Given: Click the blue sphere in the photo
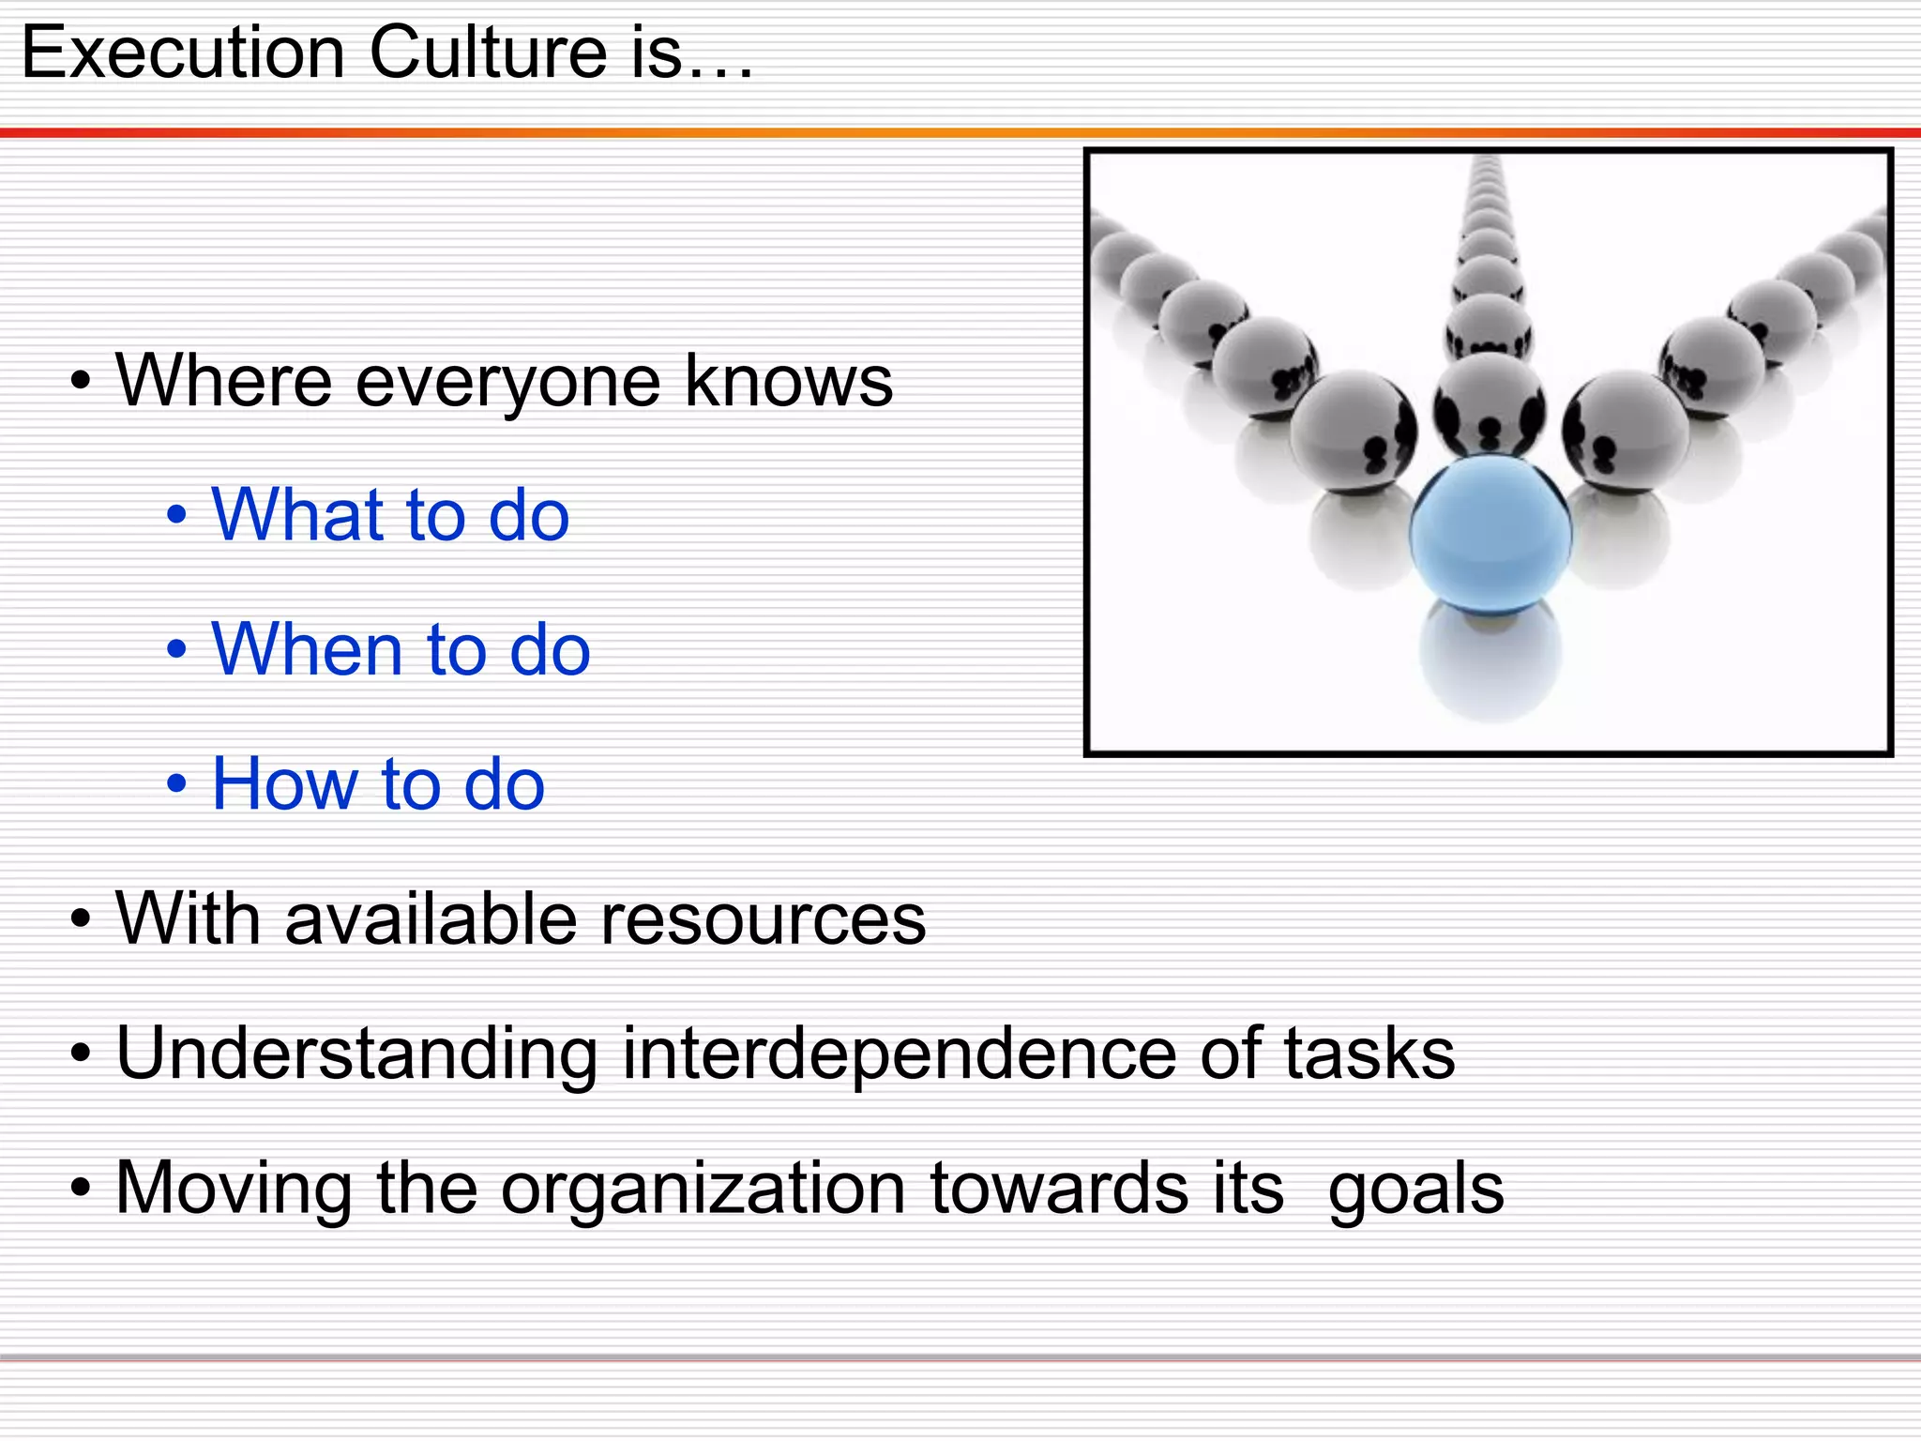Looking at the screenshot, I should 1490,533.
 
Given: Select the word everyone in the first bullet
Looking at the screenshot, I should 507,382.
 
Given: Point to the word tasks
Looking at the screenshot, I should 1369,1053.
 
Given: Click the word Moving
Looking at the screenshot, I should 234,1189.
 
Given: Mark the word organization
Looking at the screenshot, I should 703,1189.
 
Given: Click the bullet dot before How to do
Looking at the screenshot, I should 176,784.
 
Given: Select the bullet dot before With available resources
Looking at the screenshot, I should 81,919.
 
